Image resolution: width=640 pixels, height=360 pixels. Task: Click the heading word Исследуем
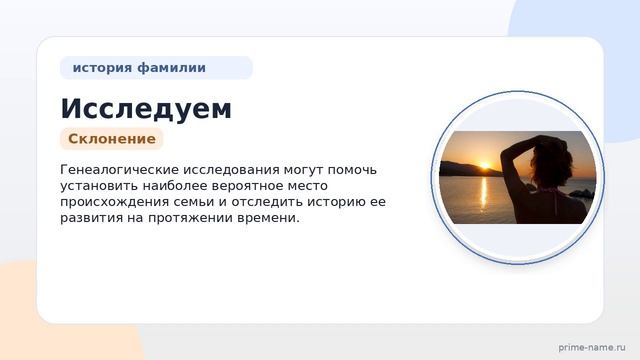click(146, 108)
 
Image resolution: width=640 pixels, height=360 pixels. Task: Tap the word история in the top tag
click(102, 68)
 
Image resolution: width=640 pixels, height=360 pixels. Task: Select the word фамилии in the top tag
click(171, 68)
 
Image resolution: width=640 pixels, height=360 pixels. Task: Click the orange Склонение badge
click(111, 139)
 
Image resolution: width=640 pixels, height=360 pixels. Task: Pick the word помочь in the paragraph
click(353, 169)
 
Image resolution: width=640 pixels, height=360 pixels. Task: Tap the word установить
click(98, 185)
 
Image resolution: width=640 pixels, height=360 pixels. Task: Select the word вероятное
click(271, 185)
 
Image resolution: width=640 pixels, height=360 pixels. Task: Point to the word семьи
click(199, 202)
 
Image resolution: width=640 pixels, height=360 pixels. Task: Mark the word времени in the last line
click(269, 218)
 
